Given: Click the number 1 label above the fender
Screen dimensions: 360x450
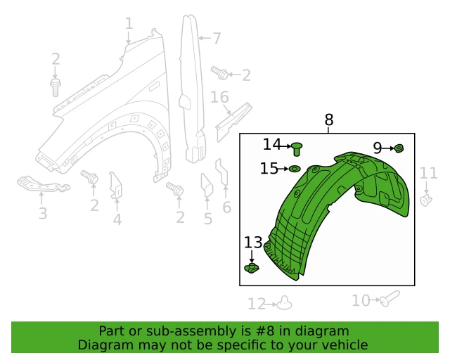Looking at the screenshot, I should (x=129, y=24).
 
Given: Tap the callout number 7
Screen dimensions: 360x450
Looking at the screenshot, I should (x=216, y=38).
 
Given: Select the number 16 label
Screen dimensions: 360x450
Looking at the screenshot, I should (x=219, y=96).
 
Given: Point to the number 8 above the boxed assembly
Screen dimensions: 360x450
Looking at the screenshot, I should (x=329, y=120).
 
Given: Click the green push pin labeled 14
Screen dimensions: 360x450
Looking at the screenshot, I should (x=298, y=148).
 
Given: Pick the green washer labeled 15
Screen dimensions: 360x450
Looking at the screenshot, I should (x=295, y=169).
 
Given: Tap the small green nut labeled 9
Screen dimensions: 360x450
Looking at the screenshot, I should (x=399, y=148).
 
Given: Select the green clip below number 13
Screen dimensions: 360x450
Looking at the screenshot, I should (x=252, y=268).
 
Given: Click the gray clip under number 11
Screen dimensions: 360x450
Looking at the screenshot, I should (x=426, y=200).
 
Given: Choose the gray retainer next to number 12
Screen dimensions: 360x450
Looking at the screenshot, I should (x=284, y=302).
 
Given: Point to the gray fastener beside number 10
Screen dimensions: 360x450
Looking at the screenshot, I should (x=389, y=300).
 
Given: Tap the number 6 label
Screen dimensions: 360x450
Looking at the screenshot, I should (x=226, y=207).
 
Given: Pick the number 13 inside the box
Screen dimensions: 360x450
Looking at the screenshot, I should (x=253, y=243).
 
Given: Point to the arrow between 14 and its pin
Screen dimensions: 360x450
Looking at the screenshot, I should (x=288, y=145).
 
